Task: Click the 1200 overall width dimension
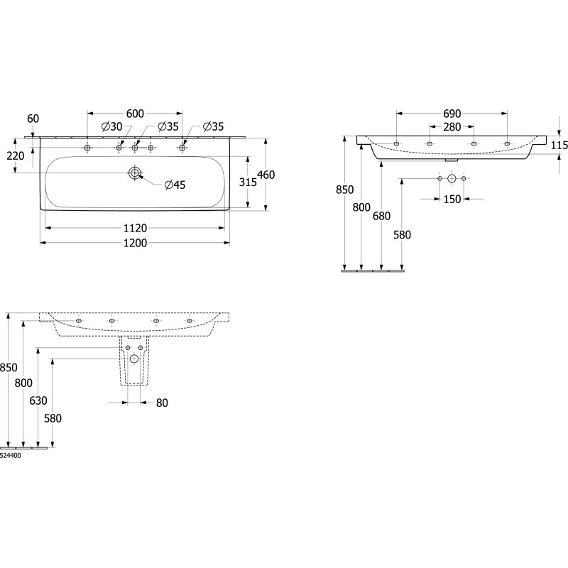coord(136,243)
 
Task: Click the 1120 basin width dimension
coord(136,228)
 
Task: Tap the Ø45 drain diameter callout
coord(175,185)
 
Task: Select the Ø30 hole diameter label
coord(112,126)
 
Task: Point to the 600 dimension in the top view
coord(135,114)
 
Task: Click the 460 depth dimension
coord(266,175)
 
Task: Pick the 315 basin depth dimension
coord(248,182)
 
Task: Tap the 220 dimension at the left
coord(16,155)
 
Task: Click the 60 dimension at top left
coord(33,119)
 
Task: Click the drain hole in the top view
coord(135,173)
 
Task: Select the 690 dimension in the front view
coord(452,114)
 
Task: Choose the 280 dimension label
coord(452,127)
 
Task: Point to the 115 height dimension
coord(559,146)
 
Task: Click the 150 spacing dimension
coord(452,200)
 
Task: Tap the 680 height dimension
coord(382,216)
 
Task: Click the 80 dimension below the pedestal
coord(162,403)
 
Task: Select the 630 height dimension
coord(38,400)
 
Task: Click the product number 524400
coord(11,456)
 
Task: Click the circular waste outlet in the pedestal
coord(134,359)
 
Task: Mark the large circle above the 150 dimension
coord(452,178)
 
